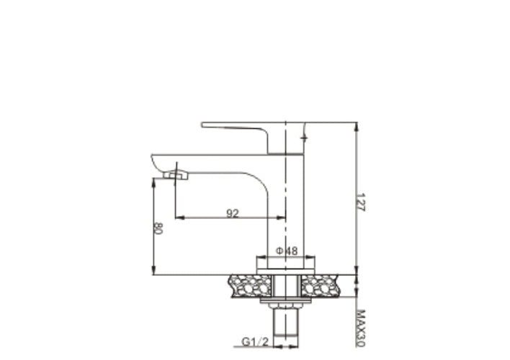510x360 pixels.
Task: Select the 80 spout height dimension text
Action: (157, 228)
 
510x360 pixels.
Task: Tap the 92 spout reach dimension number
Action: (232, 213)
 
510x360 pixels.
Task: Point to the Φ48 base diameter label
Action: (287, 251)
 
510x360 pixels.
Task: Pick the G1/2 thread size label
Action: (255, 341)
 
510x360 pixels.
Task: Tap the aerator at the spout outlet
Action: (175, 174)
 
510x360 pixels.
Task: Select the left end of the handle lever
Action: (205, 125)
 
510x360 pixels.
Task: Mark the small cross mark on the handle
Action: (303, 136)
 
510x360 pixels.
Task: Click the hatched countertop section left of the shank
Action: (249, 285)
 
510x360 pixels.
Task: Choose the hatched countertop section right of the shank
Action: (321, 285)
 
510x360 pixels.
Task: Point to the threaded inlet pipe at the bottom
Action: (286, 328)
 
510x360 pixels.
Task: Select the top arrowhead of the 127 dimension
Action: (357, 126)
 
